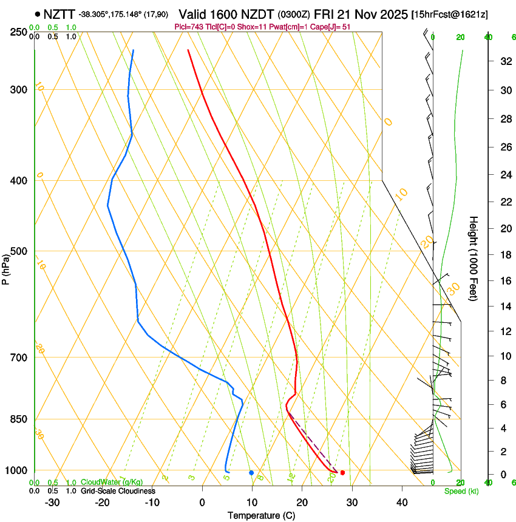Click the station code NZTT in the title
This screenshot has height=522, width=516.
[x=59, y=13]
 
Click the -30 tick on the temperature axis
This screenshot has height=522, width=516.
[x=52, y=502]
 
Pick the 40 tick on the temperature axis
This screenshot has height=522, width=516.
[x=401, y=502]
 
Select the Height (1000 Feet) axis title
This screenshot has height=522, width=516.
[x=474, y=259]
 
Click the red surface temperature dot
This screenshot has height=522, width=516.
[x=342, y=472]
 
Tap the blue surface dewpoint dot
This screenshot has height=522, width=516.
[x=251, y=472]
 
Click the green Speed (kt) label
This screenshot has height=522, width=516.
[x=461, y=491]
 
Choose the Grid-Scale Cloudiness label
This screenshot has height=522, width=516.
[x=118, y=491]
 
